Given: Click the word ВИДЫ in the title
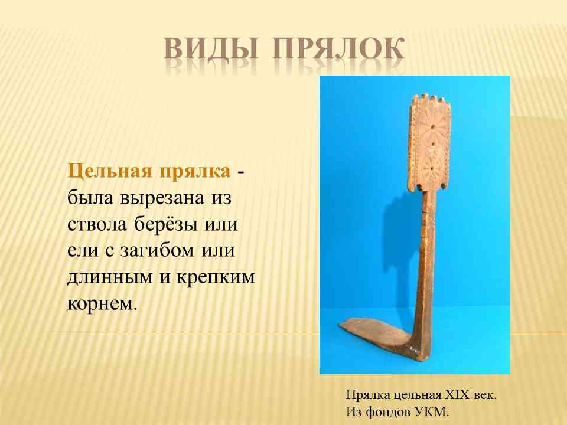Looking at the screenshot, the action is [x=211, y=48].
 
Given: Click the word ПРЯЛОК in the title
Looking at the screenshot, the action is [x=338, y=48].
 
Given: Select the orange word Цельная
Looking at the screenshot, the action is [x=110, y=171].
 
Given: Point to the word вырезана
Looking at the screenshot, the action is [x=163, y=198].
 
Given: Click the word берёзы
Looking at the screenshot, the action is [x=166, y=224].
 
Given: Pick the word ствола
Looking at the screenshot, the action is [x=97, y=224].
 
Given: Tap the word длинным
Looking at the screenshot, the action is [x=110, y=277].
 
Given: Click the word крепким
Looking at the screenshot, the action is [x=216, y=277].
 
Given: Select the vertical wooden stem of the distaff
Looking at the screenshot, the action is [x=426, y=260].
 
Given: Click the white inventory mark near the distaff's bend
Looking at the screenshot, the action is [x=415, y=349].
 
